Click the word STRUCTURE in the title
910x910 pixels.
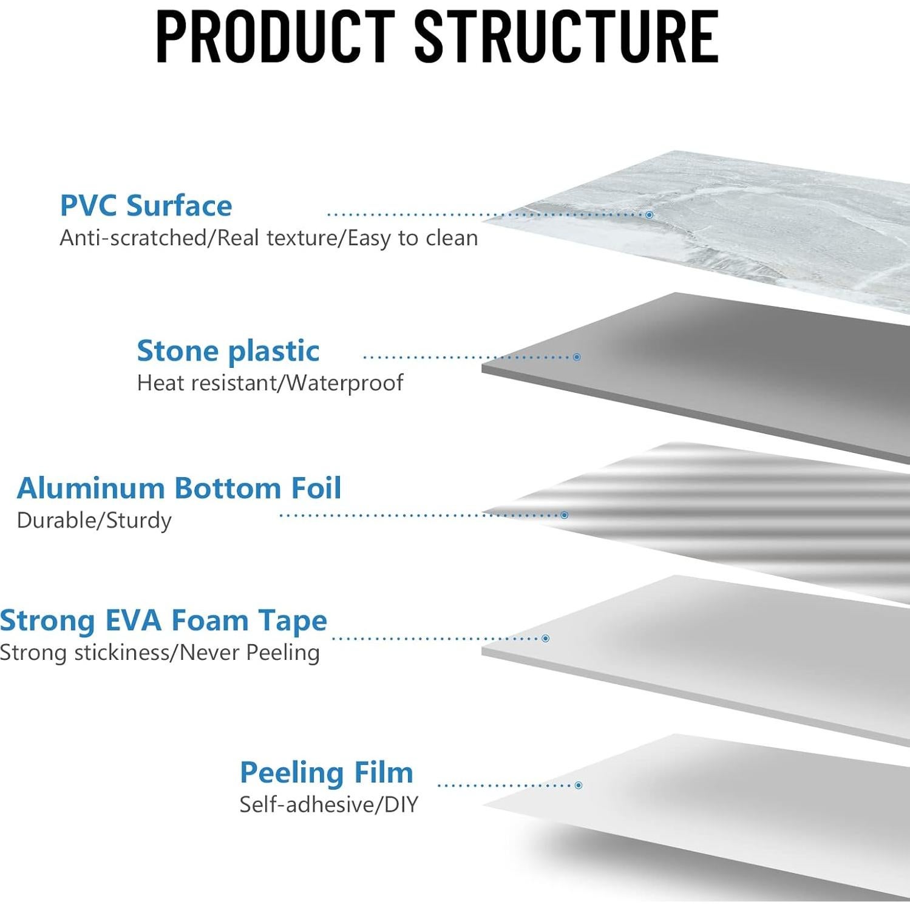click(567, 36)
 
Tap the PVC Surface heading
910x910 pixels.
click(146, 205)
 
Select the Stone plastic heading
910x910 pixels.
click(228, 351)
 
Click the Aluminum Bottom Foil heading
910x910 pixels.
click(179, 488)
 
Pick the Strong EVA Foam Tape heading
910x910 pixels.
click(163, 620)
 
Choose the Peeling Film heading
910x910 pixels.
click(327, 773)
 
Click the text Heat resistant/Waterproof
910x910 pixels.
click(270, 383)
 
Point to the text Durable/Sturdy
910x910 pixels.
click(94, 520)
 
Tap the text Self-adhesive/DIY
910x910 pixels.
click(329, 804)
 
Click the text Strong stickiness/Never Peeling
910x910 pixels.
click(160, 653)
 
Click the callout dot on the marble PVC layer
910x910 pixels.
click(650, 215)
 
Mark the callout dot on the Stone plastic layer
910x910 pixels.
click(577, 357)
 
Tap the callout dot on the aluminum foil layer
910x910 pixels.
click(565, 515)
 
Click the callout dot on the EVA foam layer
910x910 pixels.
click(546, 639)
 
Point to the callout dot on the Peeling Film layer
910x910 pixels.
click(579, 786)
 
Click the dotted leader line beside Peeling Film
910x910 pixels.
click(506, 786)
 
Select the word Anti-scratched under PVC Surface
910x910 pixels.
click(133, 238)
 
